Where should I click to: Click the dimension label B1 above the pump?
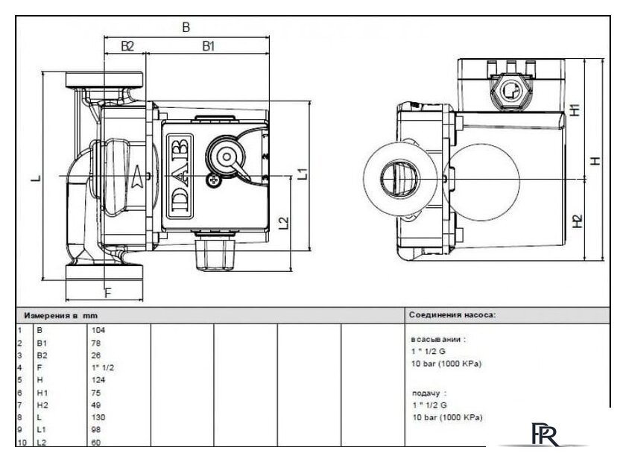pyautogui.click(x=208, y=46)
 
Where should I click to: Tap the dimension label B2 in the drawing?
pyautogui.click(x=127, y=46)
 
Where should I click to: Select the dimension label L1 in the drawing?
pyautogui.click(x=303, y=174)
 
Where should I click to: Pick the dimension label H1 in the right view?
pyautogui.click(x=575, y=110)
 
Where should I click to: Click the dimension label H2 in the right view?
pyautogui.click(x=575, y=221)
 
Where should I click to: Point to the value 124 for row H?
pyautogui.click(x=98, y=379)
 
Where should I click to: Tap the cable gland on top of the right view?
pyautogui.click(x=510, y=91)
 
